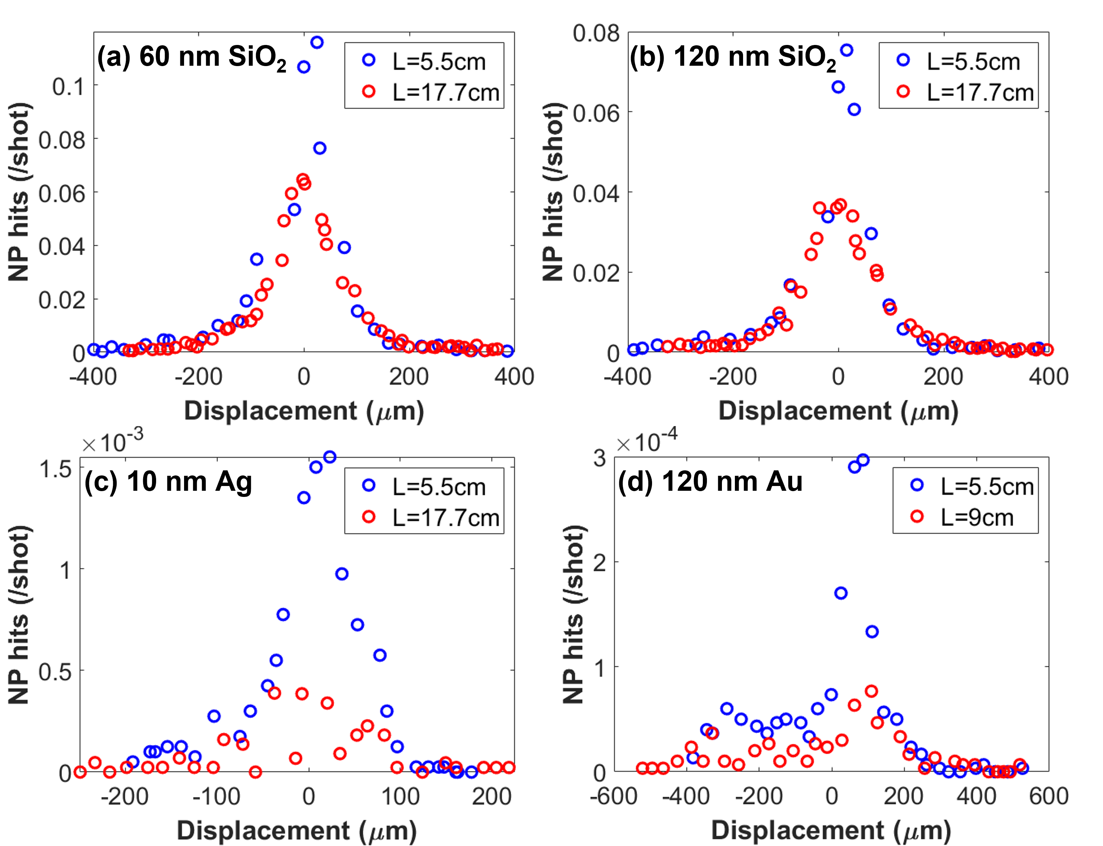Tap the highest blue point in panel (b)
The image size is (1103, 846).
coord(847,50)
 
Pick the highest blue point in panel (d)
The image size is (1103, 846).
coord(863,460)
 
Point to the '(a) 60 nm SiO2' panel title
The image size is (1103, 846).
coord(192,57)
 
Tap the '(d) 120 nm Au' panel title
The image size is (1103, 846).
coord(710,482)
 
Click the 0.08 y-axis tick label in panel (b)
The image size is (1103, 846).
coord(596,33)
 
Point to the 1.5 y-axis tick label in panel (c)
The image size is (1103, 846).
coord(56,469)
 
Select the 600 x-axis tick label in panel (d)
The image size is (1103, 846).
coord(1048,796)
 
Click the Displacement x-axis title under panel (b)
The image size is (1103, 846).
coord(838,411)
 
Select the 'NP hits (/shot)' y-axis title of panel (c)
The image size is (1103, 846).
coord(20,615)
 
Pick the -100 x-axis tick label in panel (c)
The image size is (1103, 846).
coord(217,796)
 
